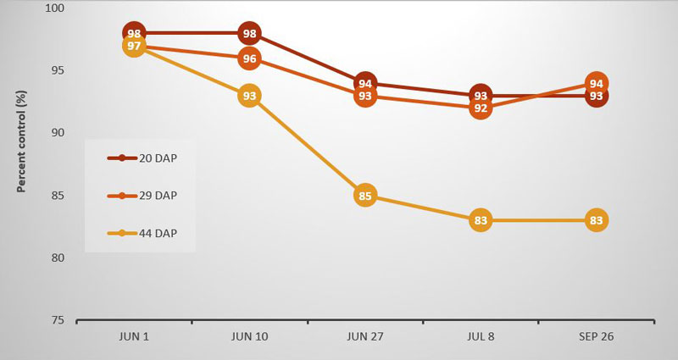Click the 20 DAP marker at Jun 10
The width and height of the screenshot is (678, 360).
(249, 34)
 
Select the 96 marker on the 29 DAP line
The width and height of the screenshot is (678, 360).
(249, 59)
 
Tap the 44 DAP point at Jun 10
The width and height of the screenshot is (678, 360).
(249, 97)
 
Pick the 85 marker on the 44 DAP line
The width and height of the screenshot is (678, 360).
(364, 197)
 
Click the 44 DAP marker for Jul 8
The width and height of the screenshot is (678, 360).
(480, 221)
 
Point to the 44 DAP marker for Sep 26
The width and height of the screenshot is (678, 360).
(596, 221)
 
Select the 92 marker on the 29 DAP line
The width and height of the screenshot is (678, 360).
(480, 108)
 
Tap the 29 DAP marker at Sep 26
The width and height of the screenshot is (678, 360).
(596, 83)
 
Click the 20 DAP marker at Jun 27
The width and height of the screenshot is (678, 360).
(365, 83)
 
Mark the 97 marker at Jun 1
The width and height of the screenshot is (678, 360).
(134, 46)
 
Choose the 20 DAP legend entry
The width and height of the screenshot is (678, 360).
(142, 158)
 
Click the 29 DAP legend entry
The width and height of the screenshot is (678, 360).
(142, 196)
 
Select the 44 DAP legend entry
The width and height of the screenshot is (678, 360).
(142, 233)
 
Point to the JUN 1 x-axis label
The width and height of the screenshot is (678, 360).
(134, 337)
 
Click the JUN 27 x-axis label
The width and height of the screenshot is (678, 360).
(364, 337)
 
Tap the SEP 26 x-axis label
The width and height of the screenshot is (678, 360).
(596, 337)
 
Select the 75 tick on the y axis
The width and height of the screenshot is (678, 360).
(57, 321)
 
